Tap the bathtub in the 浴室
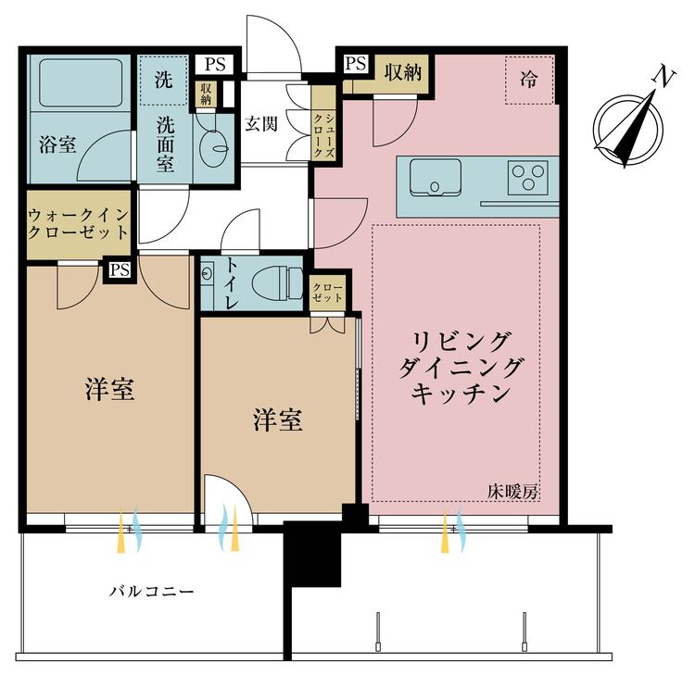[x=81, y=82]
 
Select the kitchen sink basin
[x=436, y=177]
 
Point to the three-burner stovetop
[x=527, y=177]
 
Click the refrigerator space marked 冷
[x=529, y=80]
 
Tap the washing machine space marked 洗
[x=163, y=81]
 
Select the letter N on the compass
[x=663, y=78]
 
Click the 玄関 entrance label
[x=261, y=124]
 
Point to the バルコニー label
[x=152, y=591]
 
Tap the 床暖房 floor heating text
[x=512, y=492]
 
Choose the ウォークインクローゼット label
[x=79, y=224]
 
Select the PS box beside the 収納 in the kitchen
[x=356, y=63]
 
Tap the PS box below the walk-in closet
[x=120, y=269]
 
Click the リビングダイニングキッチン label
[x=460, y=368]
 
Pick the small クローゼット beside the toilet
[x=327, y=293]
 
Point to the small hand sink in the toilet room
[x=207, y=274]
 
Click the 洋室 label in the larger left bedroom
[x=109, y=390]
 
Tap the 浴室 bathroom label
[x=57, y=144]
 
